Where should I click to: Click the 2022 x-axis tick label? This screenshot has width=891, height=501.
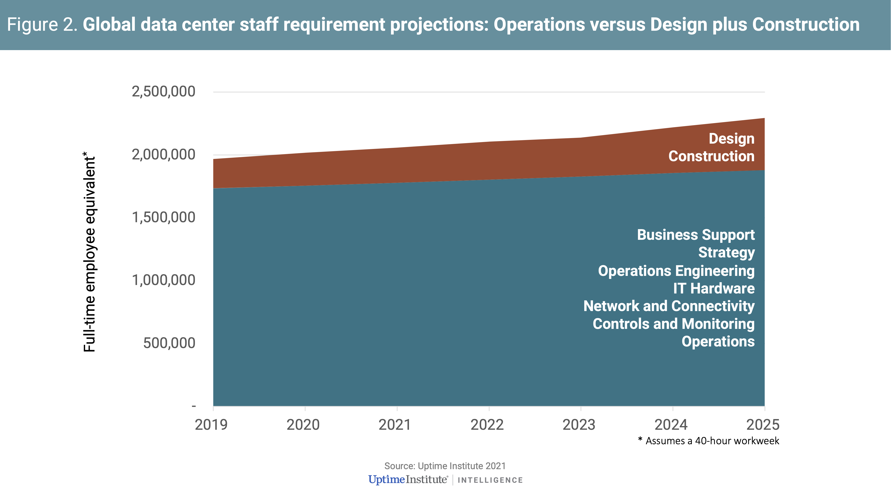(x=487, y=425)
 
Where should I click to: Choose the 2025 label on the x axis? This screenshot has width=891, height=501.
(x=763, y=425)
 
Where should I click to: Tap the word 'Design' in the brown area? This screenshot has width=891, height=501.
(x=731, y=139)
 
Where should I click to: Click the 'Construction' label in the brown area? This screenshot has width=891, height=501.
(x=711, y=156)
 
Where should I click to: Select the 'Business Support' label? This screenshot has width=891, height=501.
(x=696, y=235)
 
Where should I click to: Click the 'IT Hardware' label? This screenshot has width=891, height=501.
(x=713, y=288)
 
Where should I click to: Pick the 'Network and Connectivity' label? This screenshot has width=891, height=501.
(x=669, y=306)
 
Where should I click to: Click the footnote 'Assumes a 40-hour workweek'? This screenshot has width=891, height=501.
(x=712, y=441)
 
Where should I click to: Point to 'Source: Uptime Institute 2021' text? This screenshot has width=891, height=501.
(x=445, y=466)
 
